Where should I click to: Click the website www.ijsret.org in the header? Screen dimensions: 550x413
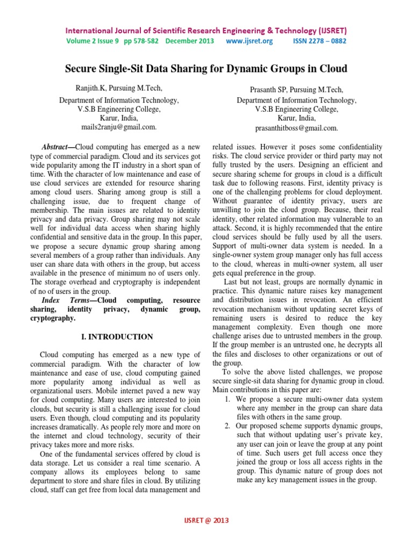click(250, 41)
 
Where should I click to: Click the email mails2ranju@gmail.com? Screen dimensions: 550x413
click(119, 127)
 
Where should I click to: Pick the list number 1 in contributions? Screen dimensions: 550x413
click(227, 399)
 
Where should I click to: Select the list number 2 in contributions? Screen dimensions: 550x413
click(227, 425)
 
